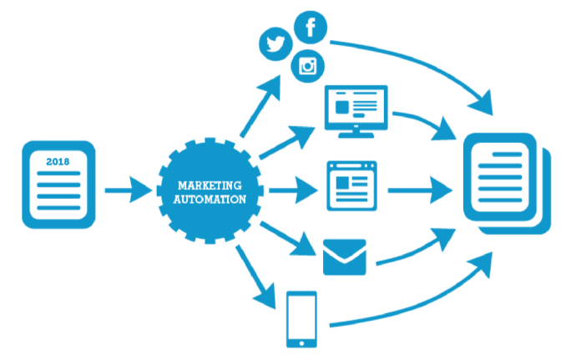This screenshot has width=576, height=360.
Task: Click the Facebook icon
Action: point(311,28)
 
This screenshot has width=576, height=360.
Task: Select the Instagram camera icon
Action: point(308,66)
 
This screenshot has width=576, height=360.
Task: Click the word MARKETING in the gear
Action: point(209,185)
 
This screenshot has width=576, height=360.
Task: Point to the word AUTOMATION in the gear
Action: point(209,200)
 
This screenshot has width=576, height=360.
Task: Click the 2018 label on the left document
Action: point(56,161)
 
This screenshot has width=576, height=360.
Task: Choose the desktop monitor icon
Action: point(355,109)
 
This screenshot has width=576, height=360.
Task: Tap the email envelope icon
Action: point(345,256)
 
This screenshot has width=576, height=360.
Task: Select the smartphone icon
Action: point(301,318)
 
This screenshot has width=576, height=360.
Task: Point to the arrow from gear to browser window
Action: point(292,190)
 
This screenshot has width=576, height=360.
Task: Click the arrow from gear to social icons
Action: point(262,104)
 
